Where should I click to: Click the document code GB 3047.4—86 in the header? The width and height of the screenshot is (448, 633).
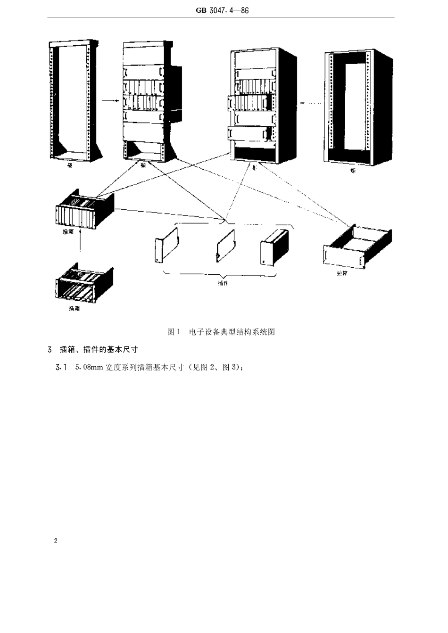pyautogui.click(x=222, y=10)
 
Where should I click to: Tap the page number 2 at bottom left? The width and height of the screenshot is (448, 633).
pyautogui.click(x=56, y=541)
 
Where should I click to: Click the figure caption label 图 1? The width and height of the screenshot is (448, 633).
pyautogui.click(x=174, y=332)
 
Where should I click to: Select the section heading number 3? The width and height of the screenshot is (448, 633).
pyautogui.click(x=50, y=350)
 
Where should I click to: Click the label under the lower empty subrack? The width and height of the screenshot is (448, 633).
pyautogui.click(x=74, y=309)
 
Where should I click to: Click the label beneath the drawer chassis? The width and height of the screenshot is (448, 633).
pyautogui.click(x=342, y=273)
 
